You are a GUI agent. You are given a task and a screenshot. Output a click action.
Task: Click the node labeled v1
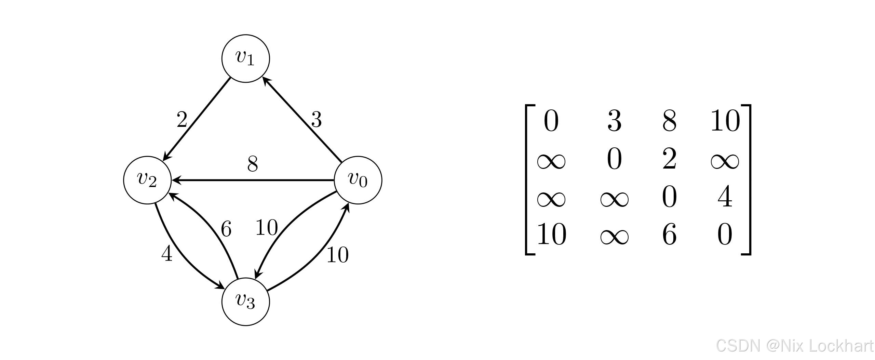tap(245, 58)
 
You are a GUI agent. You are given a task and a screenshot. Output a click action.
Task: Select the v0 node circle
tap(358, 180)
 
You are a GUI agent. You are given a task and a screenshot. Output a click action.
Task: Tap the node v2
tap(147, 180)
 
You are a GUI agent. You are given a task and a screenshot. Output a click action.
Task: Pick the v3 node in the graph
tap(245, 302)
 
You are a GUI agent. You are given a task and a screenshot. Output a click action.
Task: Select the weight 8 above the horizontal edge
tap(253, 164)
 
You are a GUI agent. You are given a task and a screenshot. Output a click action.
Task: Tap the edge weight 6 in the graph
tap(226, 229)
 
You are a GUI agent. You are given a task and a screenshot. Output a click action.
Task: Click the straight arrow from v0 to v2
tap(253, 180)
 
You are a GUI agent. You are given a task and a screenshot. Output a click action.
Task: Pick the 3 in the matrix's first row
tap(614, 121)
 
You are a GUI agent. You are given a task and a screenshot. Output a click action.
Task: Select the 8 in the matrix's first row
tap(669, 121)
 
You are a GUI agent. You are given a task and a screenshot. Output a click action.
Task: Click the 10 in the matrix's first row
tap(725, 121)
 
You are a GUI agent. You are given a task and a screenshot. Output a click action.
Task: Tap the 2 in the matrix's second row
tap(669, 160)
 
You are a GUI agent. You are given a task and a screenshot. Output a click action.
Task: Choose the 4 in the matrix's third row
tap(725, 197)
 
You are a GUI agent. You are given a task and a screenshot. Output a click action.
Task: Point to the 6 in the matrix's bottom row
tap(669, 235)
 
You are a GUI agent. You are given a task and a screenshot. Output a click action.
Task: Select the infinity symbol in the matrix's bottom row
tap(614, 236)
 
